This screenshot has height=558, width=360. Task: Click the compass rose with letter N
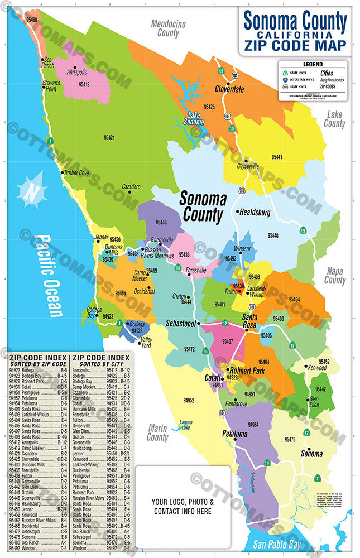point(32,189)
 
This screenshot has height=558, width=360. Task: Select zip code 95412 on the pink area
point(84,84)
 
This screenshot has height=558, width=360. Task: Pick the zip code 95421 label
point(109,137)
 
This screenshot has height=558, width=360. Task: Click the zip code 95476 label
point(306,440)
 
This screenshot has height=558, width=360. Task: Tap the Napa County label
point(335,275)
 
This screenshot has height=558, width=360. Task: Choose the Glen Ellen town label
point(314,402)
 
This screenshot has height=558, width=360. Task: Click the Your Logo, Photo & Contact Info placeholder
point(182,506)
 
